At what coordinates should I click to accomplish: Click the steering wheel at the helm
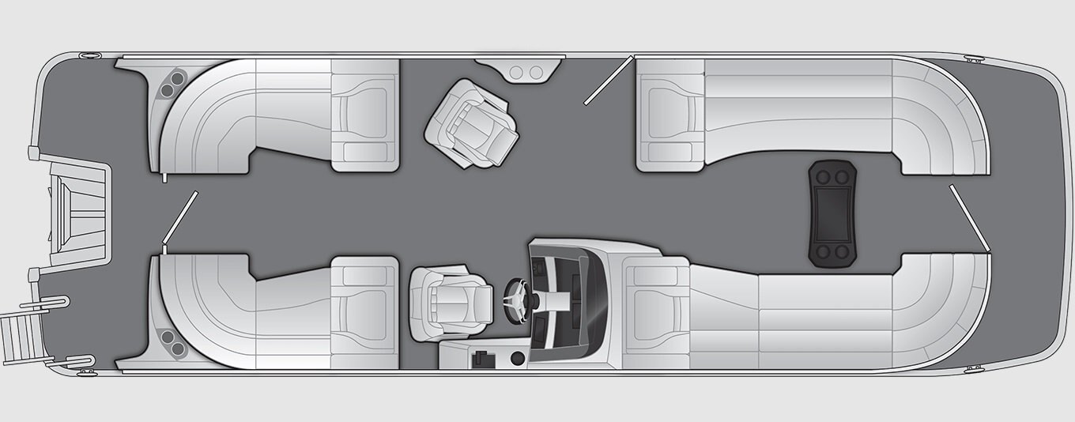point(517,300)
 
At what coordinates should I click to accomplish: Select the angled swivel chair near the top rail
point(472,122)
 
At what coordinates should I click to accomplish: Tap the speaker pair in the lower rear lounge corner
point(168,341)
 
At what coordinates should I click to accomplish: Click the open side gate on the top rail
point(609,80)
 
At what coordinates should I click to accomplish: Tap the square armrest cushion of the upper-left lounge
point(364,115)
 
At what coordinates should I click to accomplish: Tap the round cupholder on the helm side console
point(518,359)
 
